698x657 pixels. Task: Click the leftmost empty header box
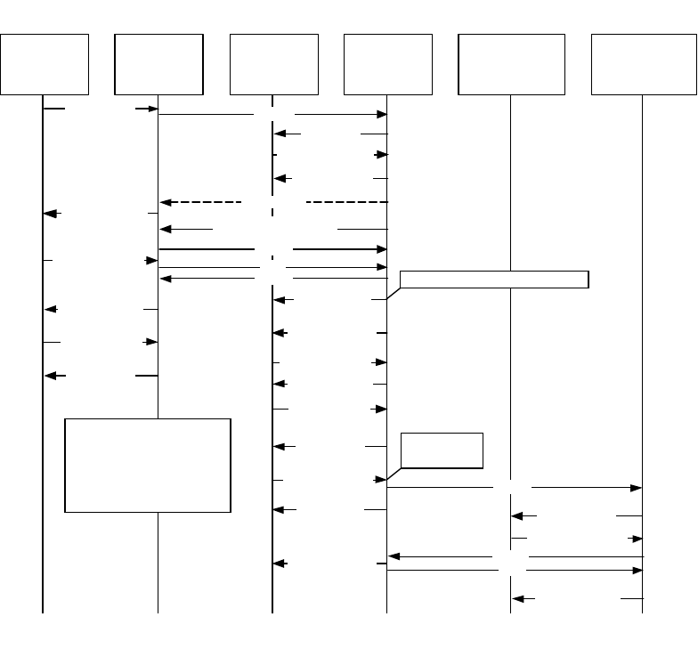45,64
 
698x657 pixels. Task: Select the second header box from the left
158,64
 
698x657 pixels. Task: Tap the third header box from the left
273,64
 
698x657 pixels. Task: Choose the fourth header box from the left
387,64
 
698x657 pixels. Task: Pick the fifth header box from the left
511,64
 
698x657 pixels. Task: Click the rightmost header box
643,64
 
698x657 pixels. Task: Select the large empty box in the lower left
148,465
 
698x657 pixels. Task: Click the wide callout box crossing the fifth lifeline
494,279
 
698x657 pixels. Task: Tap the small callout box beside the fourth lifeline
442,450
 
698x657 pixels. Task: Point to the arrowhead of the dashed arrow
165,202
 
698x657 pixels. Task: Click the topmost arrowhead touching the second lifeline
152,109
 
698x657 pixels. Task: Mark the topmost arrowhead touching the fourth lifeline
382,114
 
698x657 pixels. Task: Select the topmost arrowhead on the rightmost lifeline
637,488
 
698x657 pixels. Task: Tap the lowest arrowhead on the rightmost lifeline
637,570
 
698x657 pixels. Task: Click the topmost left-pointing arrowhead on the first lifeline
51,214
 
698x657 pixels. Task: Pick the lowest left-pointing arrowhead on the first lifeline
51,377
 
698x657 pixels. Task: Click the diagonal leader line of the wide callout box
393,293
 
